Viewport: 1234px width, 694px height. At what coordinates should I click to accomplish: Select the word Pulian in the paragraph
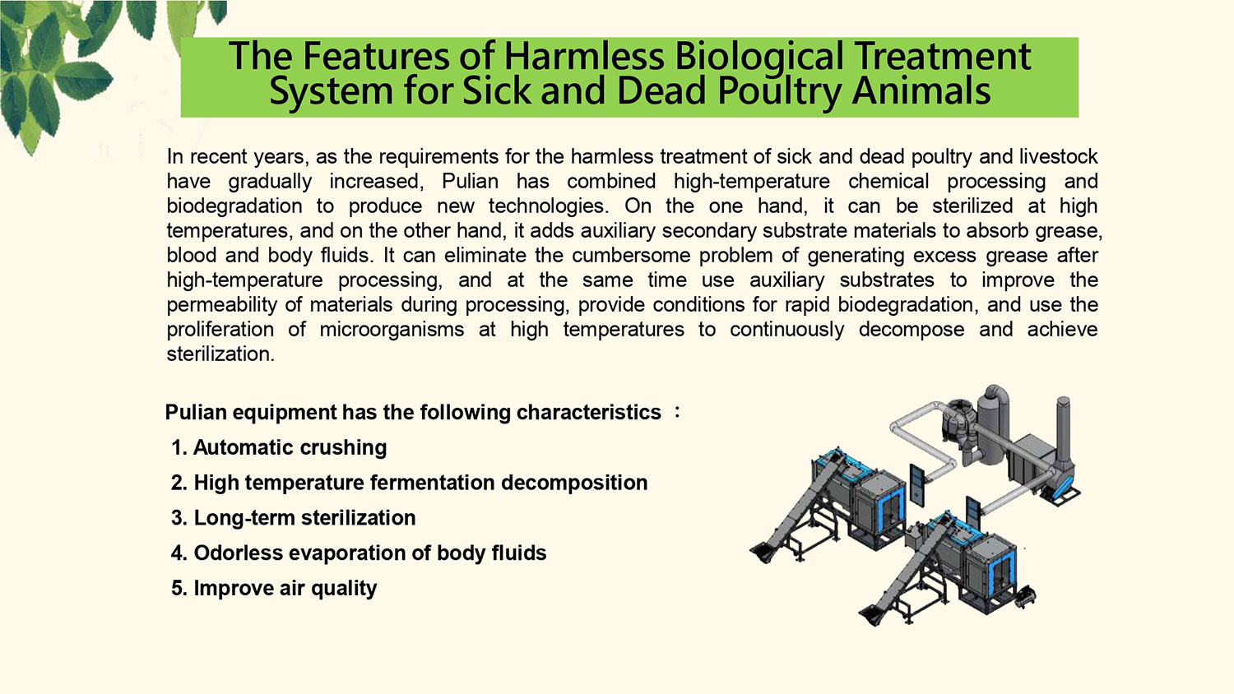coord(470,181)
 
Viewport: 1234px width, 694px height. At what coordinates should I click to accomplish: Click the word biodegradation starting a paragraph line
coord(234,206)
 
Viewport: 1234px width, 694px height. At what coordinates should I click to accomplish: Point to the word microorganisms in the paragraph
coord(392,330)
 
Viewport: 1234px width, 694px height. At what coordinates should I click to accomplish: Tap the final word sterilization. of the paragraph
coord(220,354)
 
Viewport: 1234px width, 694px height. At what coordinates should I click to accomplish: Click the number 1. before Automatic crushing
coord(179,448)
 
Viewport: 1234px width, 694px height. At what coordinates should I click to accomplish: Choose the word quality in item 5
coord(344,589)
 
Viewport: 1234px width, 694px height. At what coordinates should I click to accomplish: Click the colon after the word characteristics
coord(677,412)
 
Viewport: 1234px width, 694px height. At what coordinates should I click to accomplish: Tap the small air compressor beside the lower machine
coord(1025,597)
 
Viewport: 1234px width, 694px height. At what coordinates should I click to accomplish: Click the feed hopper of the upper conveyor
coord(762,552)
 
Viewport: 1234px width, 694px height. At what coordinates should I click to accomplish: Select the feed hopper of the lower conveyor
coord(872,615)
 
